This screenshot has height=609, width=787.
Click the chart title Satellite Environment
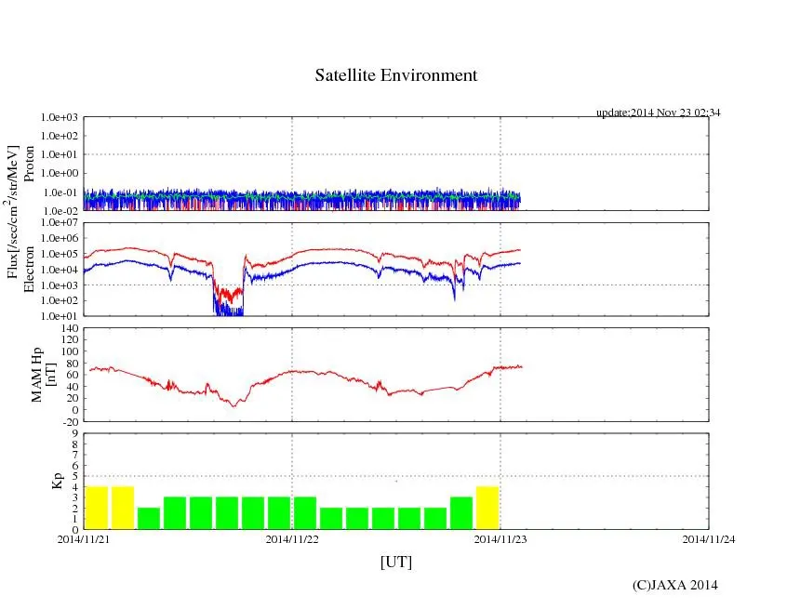(x=396, y=75)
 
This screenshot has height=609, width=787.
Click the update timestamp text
(x=659, y=113)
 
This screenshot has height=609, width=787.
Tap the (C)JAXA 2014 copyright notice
(x=674, y=585)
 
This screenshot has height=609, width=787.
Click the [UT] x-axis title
(x=396, y=562)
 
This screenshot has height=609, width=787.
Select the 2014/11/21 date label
(x=84, y=538)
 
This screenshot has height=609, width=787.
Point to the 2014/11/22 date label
(x=292, y=538)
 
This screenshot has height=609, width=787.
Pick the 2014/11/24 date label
(x=709, y=538)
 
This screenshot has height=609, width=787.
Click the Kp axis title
(x=57, y=482)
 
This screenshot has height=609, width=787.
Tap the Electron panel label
(x=30, y=270)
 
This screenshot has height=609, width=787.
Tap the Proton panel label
(x=30, y=164)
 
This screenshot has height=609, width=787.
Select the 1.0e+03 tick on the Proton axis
(x=61, y=118)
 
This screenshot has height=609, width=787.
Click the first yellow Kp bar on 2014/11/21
(x=97, y=508)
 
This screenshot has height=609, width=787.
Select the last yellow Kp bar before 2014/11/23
(x=487, y=508)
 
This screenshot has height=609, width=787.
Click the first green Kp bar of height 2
(x=149, y=518)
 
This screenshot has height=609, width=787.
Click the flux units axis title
(x=13, y=211)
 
